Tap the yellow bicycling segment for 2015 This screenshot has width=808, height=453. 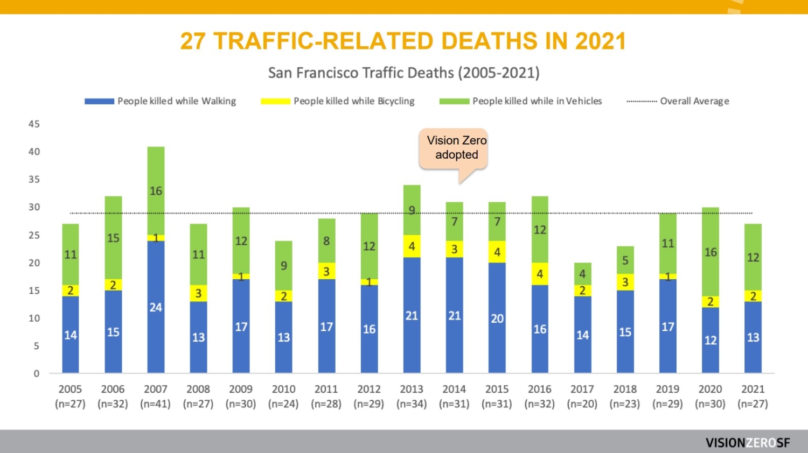pos(497,252)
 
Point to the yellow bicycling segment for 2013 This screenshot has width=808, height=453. pos(412,246)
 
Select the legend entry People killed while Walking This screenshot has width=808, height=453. pos(161,101)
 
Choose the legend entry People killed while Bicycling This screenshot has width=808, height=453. pos(338,101)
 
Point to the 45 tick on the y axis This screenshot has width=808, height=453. pos(34,124)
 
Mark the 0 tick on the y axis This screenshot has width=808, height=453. pos(37,373)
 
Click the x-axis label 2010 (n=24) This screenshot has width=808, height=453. pos(283,397)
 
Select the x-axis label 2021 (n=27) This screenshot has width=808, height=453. pos(753,397)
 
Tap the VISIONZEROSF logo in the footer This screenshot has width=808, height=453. pos(748,443)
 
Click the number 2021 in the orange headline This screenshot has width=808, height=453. pos(600,41)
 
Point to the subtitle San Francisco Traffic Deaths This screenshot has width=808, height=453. pos(404,73)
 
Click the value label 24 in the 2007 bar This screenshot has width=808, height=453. pos(156,307)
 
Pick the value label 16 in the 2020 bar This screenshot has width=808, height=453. pos(711,252)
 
